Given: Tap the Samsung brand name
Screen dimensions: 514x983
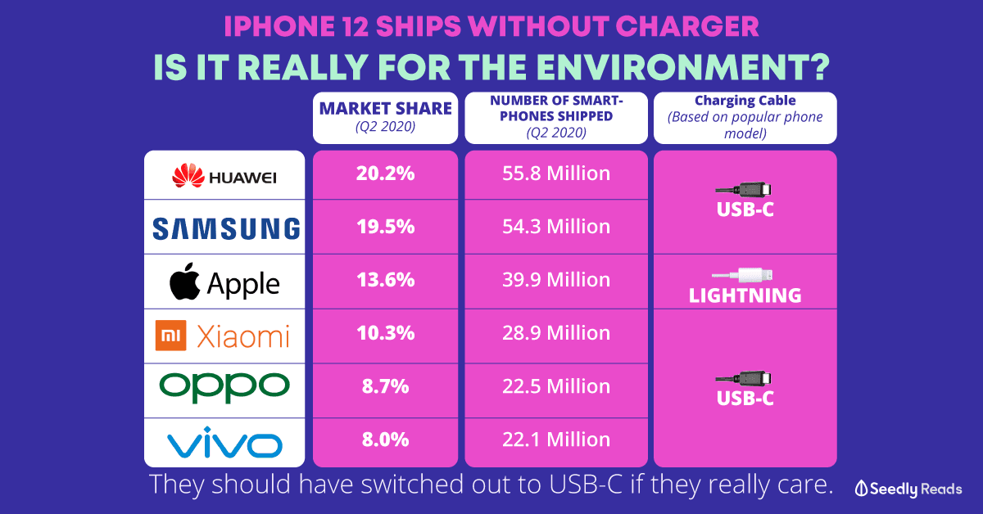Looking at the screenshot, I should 225,228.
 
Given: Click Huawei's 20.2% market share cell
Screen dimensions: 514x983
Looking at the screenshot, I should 385,174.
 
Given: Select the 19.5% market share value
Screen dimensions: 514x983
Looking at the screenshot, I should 385,226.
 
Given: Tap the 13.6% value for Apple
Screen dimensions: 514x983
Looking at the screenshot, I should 385,278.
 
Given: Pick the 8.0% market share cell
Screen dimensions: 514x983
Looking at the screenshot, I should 385,439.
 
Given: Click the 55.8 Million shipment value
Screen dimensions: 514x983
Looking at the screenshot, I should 557,174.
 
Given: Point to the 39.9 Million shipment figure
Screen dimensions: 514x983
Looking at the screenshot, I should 557,278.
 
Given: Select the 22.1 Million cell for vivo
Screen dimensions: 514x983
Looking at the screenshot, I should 557,439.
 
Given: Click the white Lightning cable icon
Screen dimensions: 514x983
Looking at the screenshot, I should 745,275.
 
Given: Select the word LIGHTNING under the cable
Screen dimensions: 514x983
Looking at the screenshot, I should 745,295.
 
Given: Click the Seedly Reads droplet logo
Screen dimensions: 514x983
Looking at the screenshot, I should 860,487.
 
